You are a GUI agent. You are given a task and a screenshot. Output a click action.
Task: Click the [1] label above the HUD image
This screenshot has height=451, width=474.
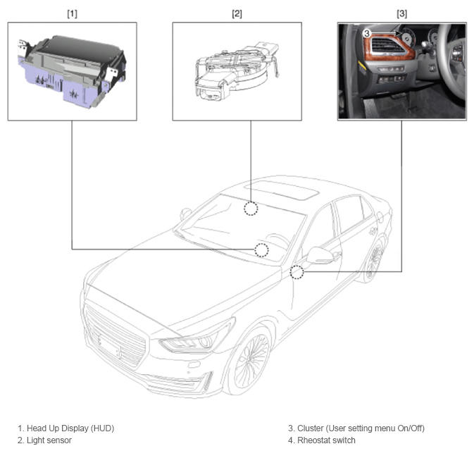[73, 13]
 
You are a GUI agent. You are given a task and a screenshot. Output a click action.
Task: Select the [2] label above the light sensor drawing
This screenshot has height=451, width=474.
[237, 13]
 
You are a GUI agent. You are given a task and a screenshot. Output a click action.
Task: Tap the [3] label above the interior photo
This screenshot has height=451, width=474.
[401, 13]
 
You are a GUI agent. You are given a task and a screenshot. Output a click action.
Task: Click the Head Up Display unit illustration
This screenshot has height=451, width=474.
[72, 71]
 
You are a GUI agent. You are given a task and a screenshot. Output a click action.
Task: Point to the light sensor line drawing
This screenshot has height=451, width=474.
[237, 71]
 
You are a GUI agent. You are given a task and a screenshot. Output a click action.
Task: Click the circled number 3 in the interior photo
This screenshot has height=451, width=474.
[367, 33]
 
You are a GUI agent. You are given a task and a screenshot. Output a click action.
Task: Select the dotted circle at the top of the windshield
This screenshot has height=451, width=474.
[251, 209]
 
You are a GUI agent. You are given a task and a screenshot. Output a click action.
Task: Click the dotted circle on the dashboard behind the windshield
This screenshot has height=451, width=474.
[261, 250]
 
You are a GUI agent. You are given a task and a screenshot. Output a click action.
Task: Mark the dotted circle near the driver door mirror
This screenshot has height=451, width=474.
[297, 272]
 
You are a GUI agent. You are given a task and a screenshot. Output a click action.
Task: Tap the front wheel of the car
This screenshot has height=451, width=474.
[251, 360]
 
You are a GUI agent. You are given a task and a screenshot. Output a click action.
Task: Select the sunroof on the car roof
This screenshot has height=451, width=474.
[282, 190]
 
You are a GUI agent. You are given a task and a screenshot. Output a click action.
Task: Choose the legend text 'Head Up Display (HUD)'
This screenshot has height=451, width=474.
[70, 428]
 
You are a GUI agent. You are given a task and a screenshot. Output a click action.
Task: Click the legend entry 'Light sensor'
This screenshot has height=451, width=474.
[49, 440]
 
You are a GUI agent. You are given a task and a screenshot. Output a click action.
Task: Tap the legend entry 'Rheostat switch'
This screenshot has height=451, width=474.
[327, 440]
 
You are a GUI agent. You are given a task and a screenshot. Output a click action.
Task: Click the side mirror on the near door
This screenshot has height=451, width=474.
[320, 256]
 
